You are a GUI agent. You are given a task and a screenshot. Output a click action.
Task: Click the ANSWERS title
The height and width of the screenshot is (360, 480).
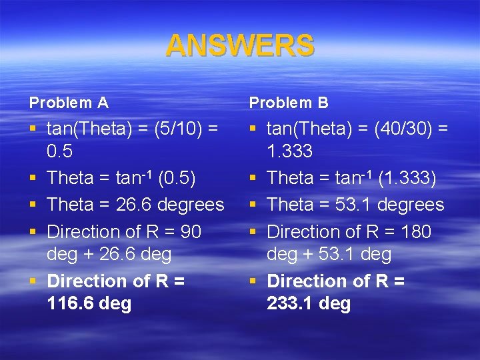[x=239, y=46]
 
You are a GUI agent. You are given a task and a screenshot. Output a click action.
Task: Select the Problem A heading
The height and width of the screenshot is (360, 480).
[x=69, y=103]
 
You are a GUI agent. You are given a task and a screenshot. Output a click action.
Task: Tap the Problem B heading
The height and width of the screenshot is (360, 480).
[x=289, y=103]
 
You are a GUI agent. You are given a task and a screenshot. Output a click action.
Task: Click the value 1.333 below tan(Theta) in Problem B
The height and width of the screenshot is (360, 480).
[x=289, y=151]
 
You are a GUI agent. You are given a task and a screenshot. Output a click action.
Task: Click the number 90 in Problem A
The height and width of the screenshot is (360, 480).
[x=191, y=232]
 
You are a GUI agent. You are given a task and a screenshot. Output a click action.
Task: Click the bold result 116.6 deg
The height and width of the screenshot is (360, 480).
[x=89, y=304]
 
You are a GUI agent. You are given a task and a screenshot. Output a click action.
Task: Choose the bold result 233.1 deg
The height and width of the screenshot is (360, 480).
[x=309, y=304]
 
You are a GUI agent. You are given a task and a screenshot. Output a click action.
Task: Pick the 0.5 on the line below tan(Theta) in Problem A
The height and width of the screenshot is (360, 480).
[x=60, y=151]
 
